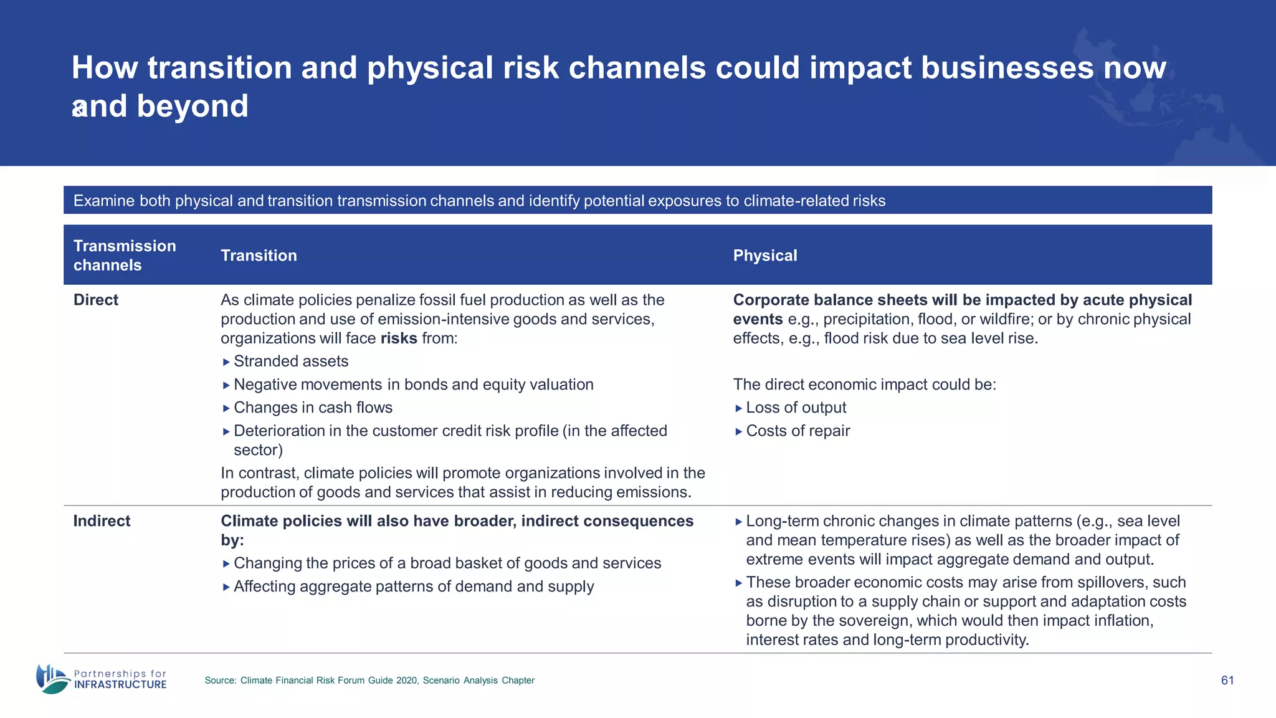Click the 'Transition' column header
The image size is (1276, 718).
click(259, 256)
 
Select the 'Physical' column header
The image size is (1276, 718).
click(764, 256)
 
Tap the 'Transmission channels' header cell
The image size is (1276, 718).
click(125, 256)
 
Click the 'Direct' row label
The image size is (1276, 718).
click(95, 300)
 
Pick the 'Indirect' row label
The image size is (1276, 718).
click(102, 521)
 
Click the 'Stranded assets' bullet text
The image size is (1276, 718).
click(291, 361)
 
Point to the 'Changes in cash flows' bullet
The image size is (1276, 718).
click(313, 408)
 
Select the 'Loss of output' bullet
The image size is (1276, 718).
click(796, 408)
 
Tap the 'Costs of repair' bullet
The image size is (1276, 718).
click(797, 431)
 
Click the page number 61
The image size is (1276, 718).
click(1227, 681)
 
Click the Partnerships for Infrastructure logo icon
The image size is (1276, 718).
click(52, 679)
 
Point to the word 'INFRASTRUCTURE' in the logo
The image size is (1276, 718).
click(120, 684)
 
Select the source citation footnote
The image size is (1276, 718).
click(369, 681)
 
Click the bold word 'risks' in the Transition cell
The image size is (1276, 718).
click(399, 338)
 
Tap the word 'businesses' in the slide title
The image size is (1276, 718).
click(1007, 67)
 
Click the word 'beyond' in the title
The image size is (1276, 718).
click(193, 106)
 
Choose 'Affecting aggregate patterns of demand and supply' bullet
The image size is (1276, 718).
click(414, 586)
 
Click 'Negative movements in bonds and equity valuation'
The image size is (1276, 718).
click(413, 385)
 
